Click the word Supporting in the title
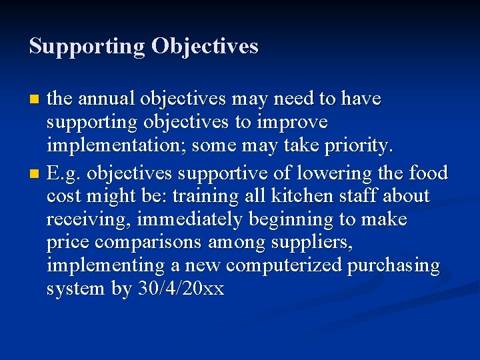pos(87,47)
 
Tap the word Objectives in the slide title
pos(205,47)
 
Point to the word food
pos(428,173)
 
